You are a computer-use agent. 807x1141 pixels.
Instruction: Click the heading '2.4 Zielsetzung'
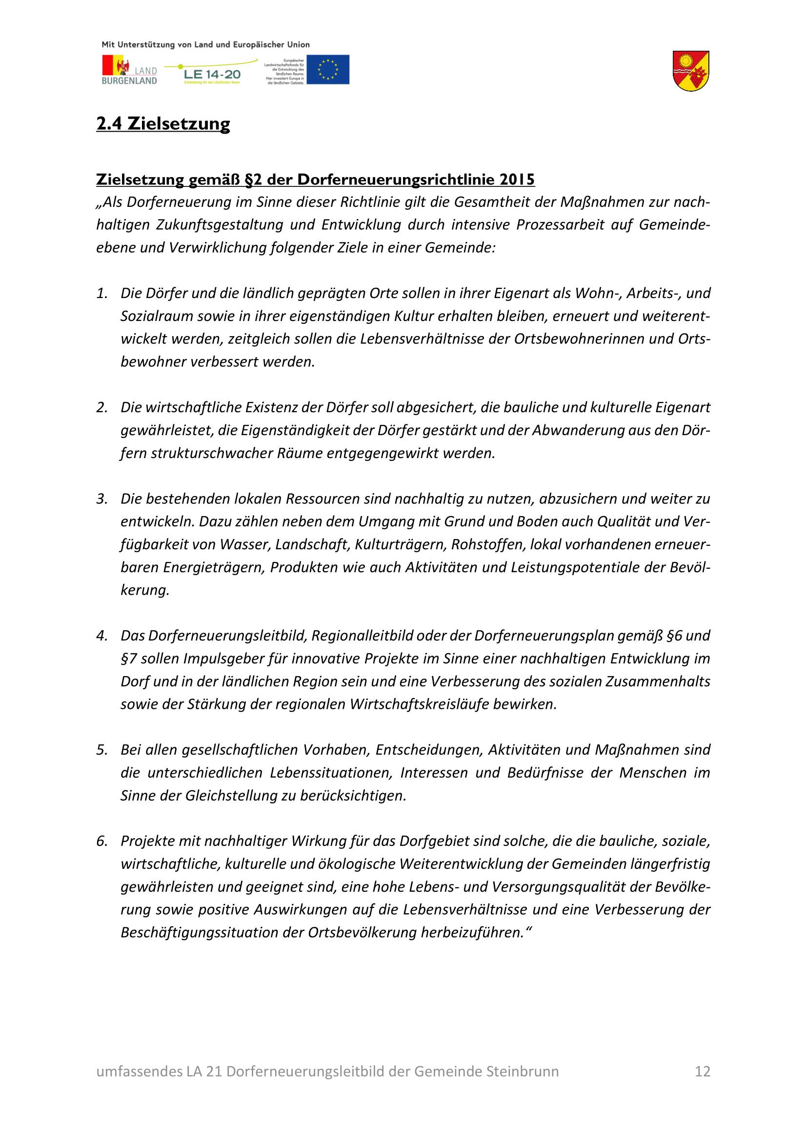(163, 124)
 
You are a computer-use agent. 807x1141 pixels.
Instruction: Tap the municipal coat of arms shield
(691, 71)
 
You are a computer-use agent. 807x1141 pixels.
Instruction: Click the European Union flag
(327, 70)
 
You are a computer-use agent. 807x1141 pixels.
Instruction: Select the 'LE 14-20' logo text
(212, 75)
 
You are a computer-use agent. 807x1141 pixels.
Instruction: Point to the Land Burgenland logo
(129, 70)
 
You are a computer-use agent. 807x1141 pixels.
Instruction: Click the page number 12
(702, 1071)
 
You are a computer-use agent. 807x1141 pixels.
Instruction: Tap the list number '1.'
(102, 293)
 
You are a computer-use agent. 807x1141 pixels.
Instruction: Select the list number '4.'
(102, 636)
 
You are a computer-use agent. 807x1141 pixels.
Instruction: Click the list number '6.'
(102, 841)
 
